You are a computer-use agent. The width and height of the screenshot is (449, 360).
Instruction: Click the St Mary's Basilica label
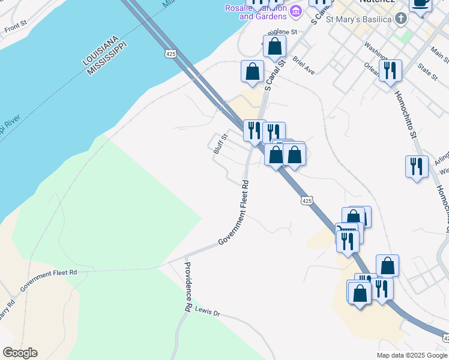pos(359,19)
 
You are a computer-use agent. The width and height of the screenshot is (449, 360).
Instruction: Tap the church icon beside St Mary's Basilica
pos(401,19)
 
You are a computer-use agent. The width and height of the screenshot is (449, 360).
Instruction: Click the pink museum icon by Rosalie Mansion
pos(295,11)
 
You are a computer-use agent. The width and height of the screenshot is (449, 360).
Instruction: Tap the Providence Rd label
pos(187,287)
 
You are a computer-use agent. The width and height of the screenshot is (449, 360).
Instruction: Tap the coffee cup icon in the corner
pos(420,3)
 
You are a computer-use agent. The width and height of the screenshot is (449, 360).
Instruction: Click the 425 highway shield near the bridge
pos(171,54)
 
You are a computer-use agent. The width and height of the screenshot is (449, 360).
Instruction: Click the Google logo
pos(20,353)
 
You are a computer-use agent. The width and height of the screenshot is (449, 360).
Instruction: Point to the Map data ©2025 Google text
pos(412,355)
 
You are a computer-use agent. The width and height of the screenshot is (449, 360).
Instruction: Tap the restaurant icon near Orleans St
pos(390,70)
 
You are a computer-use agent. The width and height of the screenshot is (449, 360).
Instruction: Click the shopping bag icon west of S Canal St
pos(253,70)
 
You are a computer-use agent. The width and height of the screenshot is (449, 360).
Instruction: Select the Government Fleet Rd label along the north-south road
pos(235,211)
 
